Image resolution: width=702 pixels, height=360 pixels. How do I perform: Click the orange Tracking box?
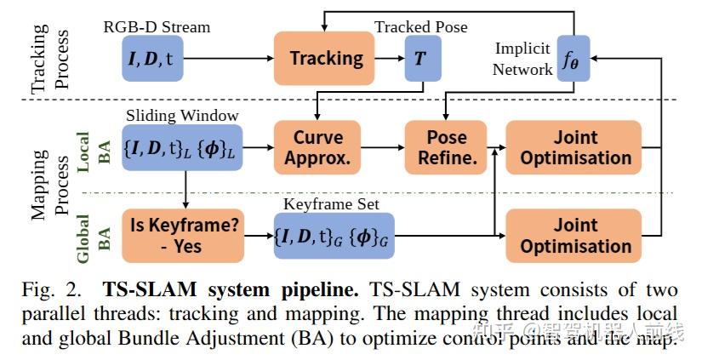(x=326, y=59)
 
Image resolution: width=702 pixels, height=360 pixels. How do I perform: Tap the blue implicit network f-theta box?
(x=572, y=59)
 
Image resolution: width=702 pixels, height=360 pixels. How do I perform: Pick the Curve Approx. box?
(x=317, y=147)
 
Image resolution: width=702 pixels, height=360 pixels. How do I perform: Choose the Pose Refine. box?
(x=447, y=147)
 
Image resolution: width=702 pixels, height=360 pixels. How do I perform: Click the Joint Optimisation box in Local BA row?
(x=575, y=147)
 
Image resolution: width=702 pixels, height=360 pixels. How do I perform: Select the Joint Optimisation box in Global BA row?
(x=575, y=236)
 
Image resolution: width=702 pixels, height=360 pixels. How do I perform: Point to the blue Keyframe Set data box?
(x=334, y=236)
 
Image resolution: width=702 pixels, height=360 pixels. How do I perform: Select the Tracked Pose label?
(x=420, y=26)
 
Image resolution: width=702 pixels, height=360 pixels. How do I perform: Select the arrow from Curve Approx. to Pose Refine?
(x=382, y=147)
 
